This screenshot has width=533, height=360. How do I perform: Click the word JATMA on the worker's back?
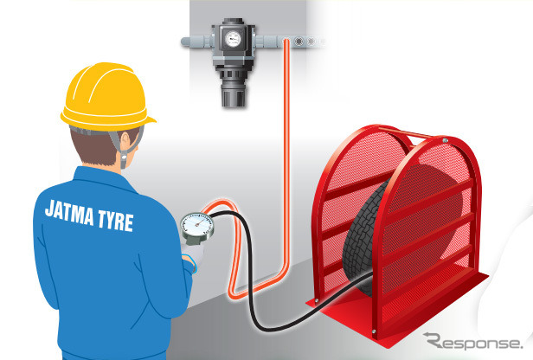point(69,213)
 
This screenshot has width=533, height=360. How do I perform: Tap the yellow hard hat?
point(107,96)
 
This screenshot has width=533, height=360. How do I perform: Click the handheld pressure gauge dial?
point(197,226)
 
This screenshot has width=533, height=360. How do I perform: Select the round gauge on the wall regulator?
point(233,39)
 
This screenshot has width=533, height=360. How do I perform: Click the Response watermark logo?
point(473,341)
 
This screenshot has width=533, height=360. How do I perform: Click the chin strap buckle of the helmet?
point(124,159)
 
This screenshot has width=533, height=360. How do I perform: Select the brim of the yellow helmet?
point(108,122)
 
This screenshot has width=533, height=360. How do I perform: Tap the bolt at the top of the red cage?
point(445,140)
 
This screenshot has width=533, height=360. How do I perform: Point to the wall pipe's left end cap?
point(185,42)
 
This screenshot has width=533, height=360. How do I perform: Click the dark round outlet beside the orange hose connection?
point(299,42)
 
